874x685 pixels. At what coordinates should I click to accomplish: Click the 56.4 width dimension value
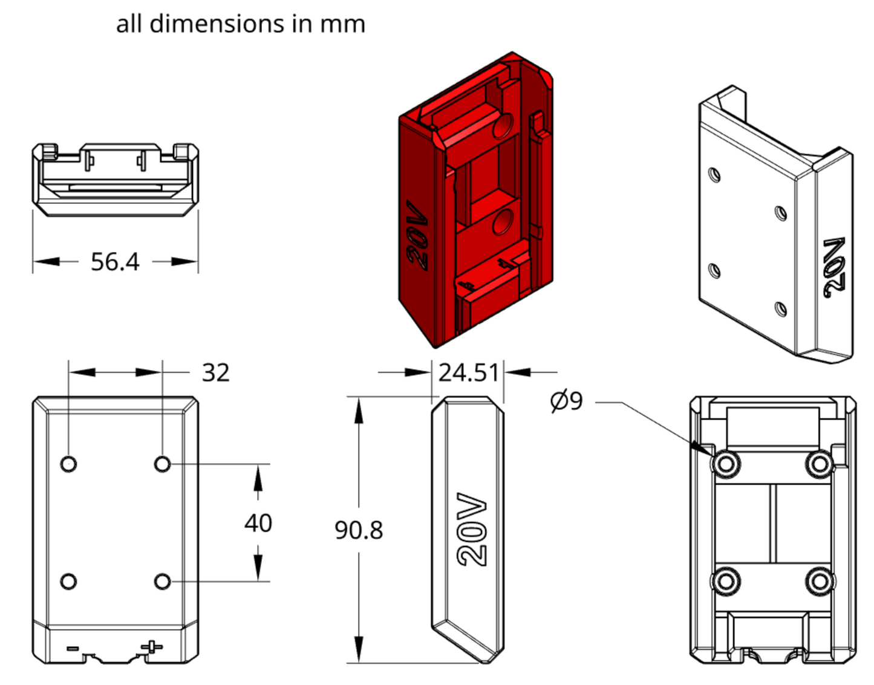(115, 262)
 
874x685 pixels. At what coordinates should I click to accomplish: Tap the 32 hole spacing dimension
(215, 372)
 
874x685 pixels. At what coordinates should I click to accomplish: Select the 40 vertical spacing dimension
(258, 523)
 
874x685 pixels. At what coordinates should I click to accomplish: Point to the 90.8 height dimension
(359, 530)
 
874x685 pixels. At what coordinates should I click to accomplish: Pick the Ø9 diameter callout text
(567, 401)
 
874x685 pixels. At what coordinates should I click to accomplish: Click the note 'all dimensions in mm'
(241, 24)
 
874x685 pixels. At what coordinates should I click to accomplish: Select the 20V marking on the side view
(472, 530)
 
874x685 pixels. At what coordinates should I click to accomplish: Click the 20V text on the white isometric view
(835, 267)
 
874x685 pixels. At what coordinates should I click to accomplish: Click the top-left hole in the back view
(69, 464)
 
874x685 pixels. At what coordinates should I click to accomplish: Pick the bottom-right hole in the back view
(162, 582)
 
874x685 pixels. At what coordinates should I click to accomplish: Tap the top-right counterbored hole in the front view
(820, 464)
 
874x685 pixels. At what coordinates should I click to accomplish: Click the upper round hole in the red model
(503, 125)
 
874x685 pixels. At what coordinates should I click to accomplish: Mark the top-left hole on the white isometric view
(714, 175)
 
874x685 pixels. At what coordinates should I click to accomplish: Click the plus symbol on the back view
(152, 646)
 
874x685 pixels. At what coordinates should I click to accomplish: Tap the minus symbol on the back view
(73, 649)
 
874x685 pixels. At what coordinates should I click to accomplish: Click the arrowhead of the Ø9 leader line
(708, 450)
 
